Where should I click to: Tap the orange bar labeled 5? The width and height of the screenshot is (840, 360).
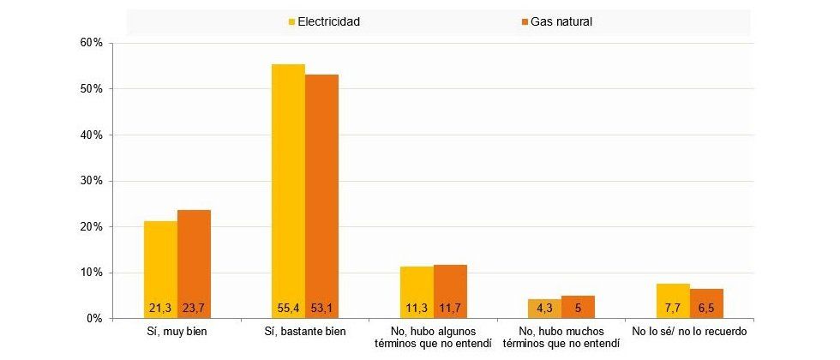pos(578,307)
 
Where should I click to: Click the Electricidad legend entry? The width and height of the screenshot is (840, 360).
pos(323,21)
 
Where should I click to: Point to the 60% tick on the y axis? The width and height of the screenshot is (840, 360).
pos(92,43)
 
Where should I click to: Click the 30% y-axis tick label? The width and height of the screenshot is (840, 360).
pos(92,181)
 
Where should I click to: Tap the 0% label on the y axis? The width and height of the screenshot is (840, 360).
pos(94,319)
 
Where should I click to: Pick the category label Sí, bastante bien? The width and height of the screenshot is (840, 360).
pos(305,331)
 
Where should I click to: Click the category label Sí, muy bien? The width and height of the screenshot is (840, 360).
pos(177,331)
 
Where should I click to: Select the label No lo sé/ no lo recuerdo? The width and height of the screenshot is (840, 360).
pos(689,331)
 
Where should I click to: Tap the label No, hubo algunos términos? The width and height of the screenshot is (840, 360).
pos(433,337)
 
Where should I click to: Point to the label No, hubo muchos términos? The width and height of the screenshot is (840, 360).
pos(561,337)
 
